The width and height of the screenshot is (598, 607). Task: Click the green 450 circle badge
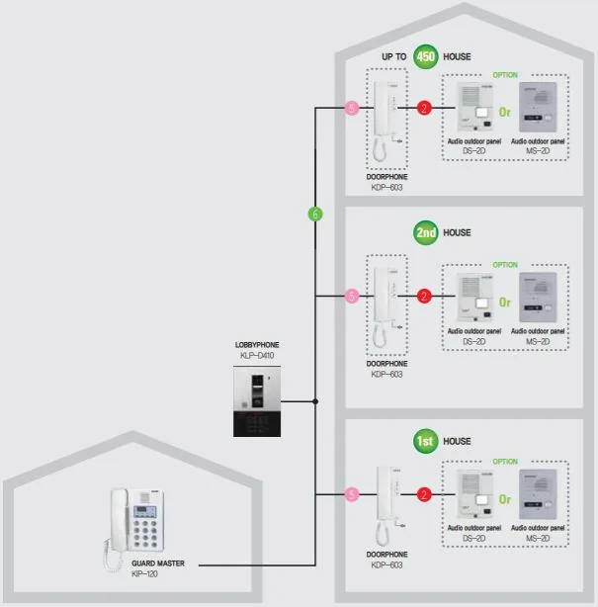click(425, 57)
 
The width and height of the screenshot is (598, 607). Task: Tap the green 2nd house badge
click(425, 232)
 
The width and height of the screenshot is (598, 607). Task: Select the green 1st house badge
click(425, 441)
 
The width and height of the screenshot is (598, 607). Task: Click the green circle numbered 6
click(315, 215)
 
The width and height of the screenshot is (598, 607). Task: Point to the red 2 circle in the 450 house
click(424, 108)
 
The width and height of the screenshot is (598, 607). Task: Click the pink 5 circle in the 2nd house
click(352, 297)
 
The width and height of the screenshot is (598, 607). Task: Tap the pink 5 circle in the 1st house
click(352, 494)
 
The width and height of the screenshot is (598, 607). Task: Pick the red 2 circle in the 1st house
click(424, 494)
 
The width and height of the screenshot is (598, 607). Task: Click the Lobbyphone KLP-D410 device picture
click(257, 401)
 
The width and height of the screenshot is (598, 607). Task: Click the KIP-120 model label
click(144, 573)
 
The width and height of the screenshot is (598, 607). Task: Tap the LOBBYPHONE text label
click(257, 345)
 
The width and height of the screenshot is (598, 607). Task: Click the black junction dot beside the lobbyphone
click(315, 401)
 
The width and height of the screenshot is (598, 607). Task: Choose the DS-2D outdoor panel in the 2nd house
click(474, 299)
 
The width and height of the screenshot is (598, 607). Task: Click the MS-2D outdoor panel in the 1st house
click(538, 494)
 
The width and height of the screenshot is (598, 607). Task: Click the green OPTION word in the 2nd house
click(505, 265)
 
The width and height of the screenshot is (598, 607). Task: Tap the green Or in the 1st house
click(505, 499)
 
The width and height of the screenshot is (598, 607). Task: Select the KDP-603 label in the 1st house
click(386, 564)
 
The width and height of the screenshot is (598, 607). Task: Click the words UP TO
click(394, 57)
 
